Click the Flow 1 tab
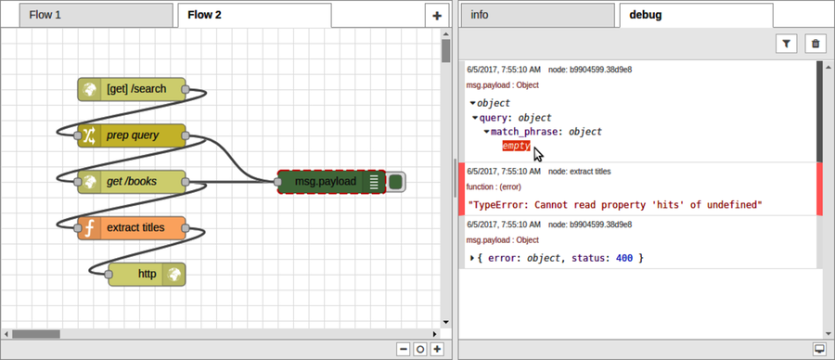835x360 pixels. pyautogui.click(x=88, y=15)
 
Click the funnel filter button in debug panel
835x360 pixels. pyautogui.click(x=786, y=43)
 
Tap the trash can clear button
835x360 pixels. pyautogui.click(x=815, y=43)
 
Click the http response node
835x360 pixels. pyautogui.click(x=147, y=274)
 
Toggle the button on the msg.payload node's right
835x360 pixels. pyautogui.click(x=396, y=182)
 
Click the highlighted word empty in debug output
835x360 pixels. pyautogui.click(x=516, y=146)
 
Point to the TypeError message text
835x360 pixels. pyautogui.click(x=615, y=204)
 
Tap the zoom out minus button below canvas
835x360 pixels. pyautogui.click(x=404, y=350)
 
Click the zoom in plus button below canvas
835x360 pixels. pyautogui.click(x=437, y=350)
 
